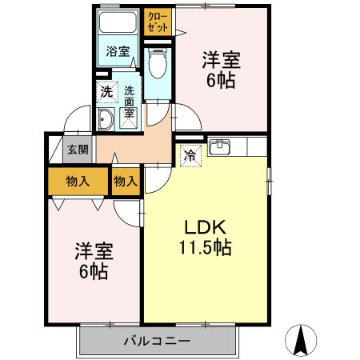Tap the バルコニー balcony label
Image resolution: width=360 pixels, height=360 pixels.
pos(157,342)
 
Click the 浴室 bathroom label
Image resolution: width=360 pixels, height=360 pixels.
pos(118,52)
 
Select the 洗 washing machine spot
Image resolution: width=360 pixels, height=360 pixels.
pos(106,91)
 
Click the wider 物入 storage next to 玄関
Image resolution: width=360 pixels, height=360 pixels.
pos(78,181)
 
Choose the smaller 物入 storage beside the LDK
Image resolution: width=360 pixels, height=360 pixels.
pos(126,181)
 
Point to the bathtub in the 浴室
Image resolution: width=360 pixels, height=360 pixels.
pos(118,24)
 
